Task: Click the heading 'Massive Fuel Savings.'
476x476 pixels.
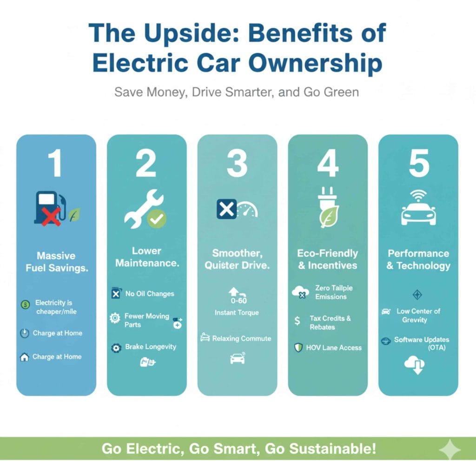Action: pos(56,262)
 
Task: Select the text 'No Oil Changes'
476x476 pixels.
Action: pos(150,294)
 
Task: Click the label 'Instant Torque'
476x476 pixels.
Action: pos(237,313)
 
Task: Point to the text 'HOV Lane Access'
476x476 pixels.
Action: pos(334,348)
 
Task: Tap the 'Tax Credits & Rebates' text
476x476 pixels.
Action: pos(330,323)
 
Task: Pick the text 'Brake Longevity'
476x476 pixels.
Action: pos(151,347)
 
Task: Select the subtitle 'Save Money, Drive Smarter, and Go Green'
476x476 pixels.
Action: pos(237,92)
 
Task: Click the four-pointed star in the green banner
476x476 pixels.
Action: pos(450,450)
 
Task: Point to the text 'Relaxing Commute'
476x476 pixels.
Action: pos(241,338)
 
